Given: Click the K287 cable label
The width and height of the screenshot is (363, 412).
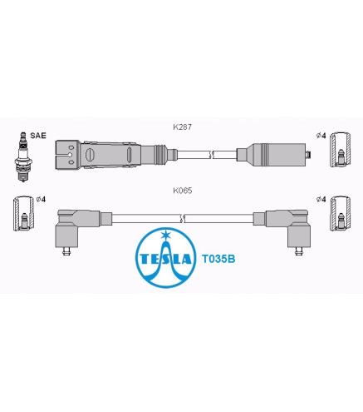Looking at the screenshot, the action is pyautogui.click(x=182, y=127).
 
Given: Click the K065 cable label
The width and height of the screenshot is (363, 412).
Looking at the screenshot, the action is pyautogui.click(x=182, y=191).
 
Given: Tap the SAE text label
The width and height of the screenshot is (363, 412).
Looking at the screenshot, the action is pyautogui.click(x=38, y=136).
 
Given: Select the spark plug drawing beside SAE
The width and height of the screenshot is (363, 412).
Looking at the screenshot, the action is pyautogui.click(x=22, y=156).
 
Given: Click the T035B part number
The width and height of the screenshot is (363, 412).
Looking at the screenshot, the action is pyautogui.click(x=218, y=259).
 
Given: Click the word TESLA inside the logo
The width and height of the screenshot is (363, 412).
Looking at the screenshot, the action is pyautogui.click(x=165, y=259).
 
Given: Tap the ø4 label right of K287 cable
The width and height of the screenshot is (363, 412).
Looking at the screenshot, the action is pyautogui.click(x=321, y=136).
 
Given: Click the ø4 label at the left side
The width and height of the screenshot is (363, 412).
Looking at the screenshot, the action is pyautogui.click(x=41, y=199).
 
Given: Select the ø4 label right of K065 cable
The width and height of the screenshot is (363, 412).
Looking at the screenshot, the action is pyautogui.click(x=321, y=199).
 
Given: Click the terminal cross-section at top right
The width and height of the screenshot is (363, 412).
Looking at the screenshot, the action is pyautogui.click(x=341, y=150).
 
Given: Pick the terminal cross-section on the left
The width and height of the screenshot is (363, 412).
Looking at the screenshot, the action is pyautogui.click(x=23, y=213).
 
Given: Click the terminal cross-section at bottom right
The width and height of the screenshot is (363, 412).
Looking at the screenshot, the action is pyautogui.click(x=341, y=213).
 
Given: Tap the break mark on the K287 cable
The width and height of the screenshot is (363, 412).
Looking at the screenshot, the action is pyautogui.click(x=213, y=155).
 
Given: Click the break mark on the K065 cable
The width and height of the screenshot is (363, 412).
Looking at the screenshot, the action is pyautogui.click(x=182, y=219).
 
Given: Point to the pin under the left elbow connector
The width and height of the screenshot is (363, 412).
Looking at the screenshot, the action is pyautogui.click(x=66, y=251).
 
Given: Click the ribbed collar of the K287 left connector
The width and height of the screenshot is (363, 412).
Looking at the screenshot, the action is pyautogui.click(x=160, y=155).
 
